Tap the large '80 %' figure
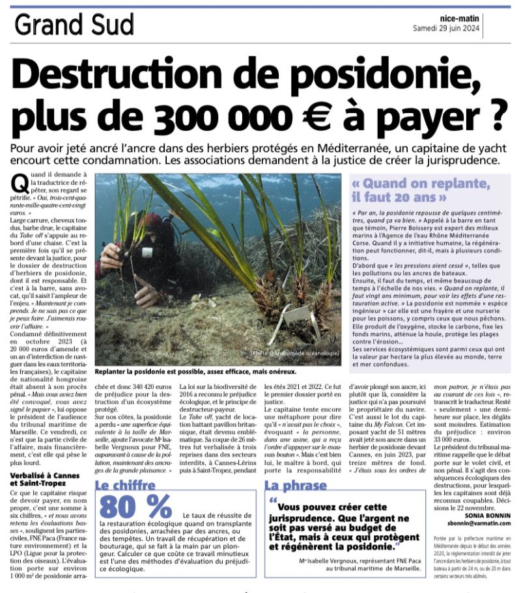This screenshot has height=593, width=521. tap(135, 506)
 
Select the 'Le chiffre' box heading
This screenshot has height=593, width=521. tap(126, 484)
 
